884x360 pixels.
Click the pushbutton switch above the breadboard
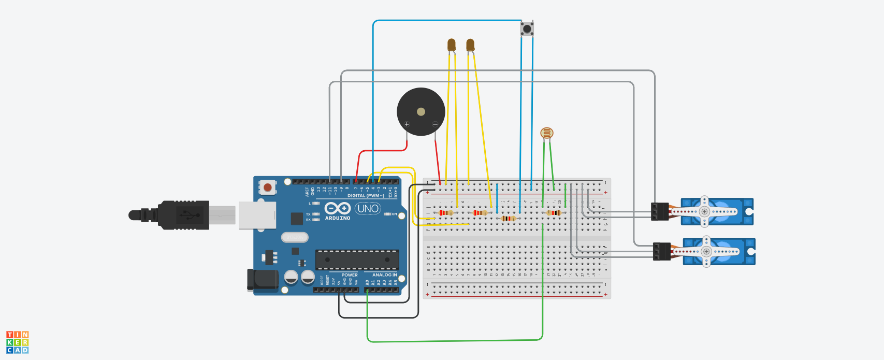click(x=527, y=28)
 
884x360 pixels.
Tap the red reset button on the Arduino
click(x=267, y=187)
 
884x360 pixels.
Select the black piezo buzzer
click(x=421, y=112)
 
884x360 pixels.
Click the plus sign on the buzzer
click(x=407, y=124)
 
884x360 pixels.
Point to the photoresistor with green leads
click(x=546, y=134)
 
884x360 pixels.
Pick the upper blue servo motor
click(x=717, y=211)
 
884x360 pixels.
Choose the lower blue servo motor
click(x=719, y=251)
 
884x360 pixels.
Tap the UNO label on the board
click(x=368, y=209)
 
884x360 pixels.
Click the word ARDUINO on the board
click(x=338, y=219)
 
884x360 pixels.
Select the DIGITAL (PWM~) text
click(x=366, y=196)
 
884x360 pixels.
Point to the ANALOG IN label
click(x=384, y=275)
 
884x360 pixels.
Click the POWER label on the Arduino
click(x=350, y=275)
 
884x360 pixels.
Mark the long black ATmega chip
click(x=357, y=260)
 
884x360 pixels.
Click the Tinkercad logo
click(x=17, y=342)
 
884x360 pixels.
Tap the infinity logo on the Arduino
click(x=338, y=208)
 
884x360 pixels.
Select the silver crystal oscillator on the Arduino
click(x=295, y=237)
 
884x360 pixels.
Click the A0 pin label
click(x=367, y=283)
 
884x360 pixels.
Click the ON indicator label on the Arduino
click(x=394, y=214)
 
